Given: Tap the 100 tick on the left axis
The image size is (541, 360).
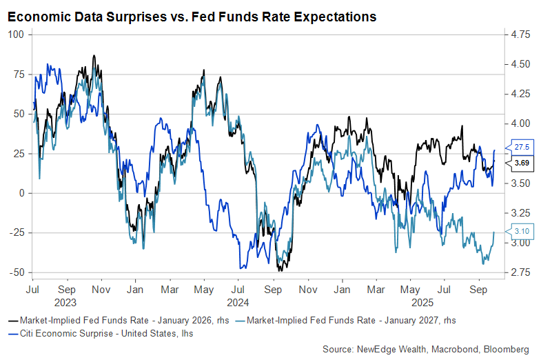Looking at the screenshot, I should point(15,34).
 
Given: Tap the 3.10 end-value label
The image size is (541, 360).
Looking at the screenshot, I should point(521,232).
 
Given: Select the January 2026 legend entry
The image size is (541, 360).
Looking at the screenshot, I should point(121,320).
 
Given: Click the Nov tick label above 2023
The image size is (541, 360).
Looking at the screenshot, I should point(101,290).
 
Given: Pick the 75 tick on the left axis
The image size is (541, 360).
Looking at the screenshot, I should point(18,74).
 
